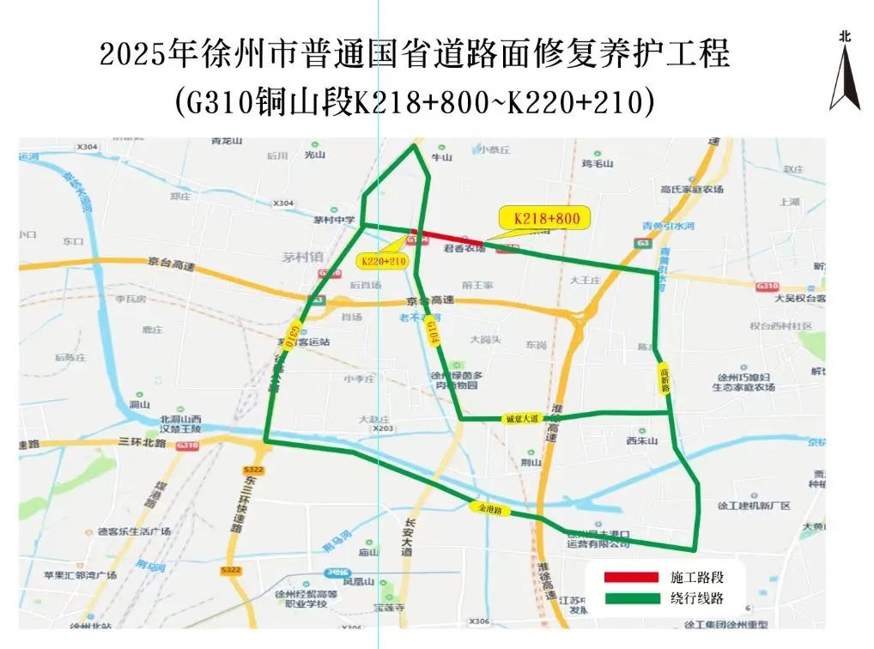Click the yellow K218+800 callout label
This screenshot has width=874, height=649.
(547, 219)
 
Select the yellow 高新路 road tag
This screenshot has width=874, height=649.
(665, 377)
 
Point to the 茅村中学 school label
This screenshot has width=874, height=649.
(334, 220)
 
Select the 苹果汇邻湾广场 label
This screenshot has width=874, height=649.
(80, 575)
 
